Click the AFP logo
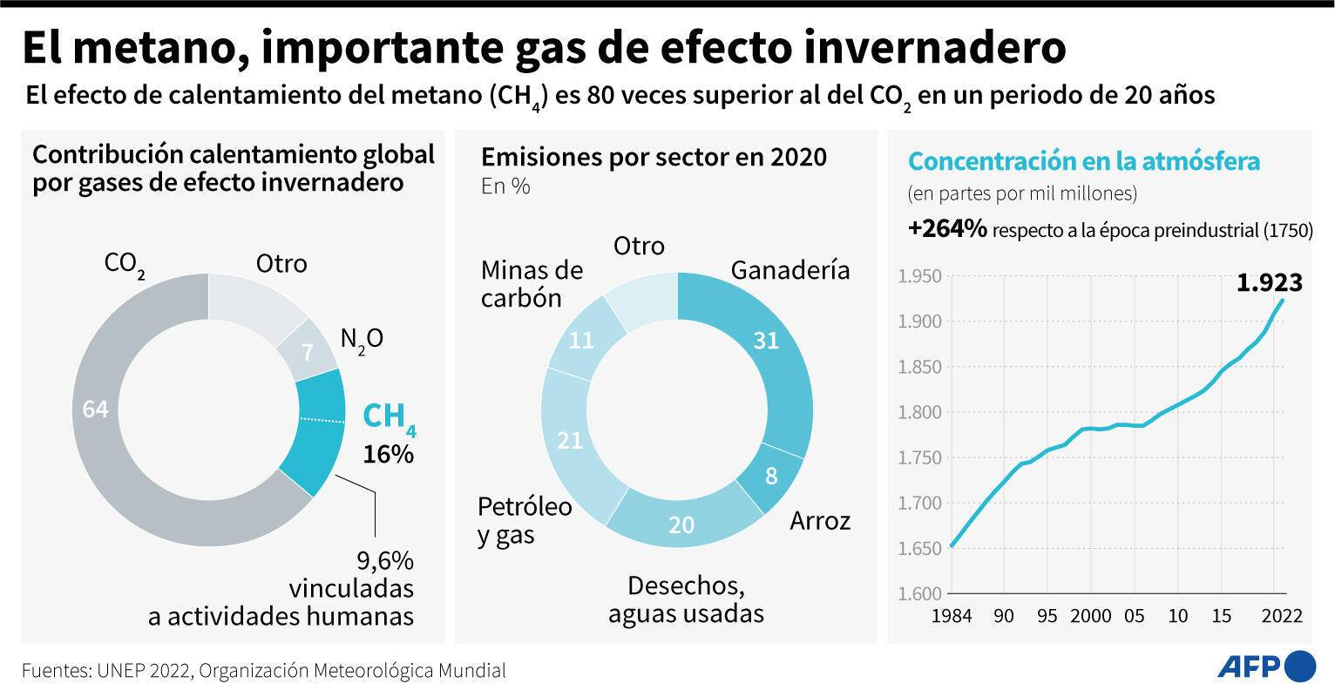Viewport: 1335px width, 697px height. click(x=1265, y=667)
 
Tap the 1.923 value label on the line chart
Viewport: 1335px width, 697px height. click(x=1269, y=283)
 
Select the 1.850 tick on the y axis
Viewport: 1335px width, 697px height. click(x=919, y=367)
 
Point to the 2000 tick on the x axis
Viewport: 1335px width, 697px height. click(x=1090, y=616)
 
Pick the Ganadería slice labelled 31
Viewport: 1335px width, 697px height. click(x=765, y=341)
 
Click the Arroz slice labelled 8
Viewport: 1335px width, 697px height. click(x=770, y=477)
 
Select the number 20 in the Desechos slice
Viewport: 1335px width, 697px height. click(x=681, y=525)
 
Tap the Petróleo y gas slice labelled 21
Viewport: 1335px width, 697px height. click(x=569, y=441)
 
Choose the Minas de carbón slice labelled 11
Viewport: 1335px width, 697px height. click(x=580, y=340)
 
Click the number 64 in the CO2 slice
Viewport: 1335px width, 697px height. click(x=95, y=409)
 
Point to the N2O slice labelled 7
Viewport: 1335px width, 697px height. click(x=307, y=353)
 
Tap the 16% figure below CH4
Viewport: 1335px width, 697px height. click(x=388, y=454)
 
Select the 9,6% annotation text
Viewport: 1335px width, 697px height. click(x=384, y=560)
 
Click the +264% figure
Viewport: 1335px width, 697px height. click(x=946, y=229)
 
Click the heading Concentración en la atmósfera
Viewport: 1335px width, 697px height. click(x=1083, y=161)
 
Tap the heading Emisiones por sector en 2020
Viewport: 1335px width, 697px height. click(x=654, y=157)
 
